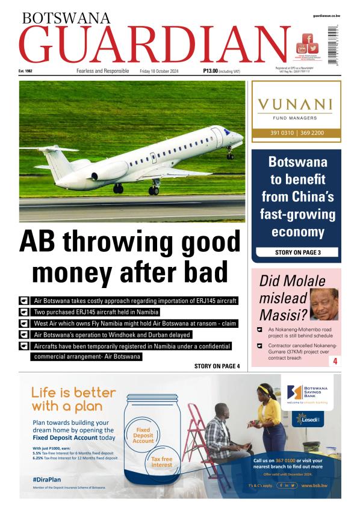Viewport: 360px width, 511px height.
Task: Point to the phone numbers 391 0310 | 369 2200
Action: (x=296, y=133)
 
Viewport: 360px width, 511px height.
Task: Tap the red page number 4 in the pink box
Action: (x=334, y=362)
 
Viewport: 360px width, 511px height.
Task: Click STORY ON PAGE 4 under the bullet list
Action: (x=217, y=366)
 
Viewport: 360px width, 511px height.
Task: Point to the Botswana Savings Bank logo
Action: (x=309, y=392)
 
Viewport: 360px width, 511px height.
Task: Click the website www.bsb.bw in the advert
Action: (x=314, y=485)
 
